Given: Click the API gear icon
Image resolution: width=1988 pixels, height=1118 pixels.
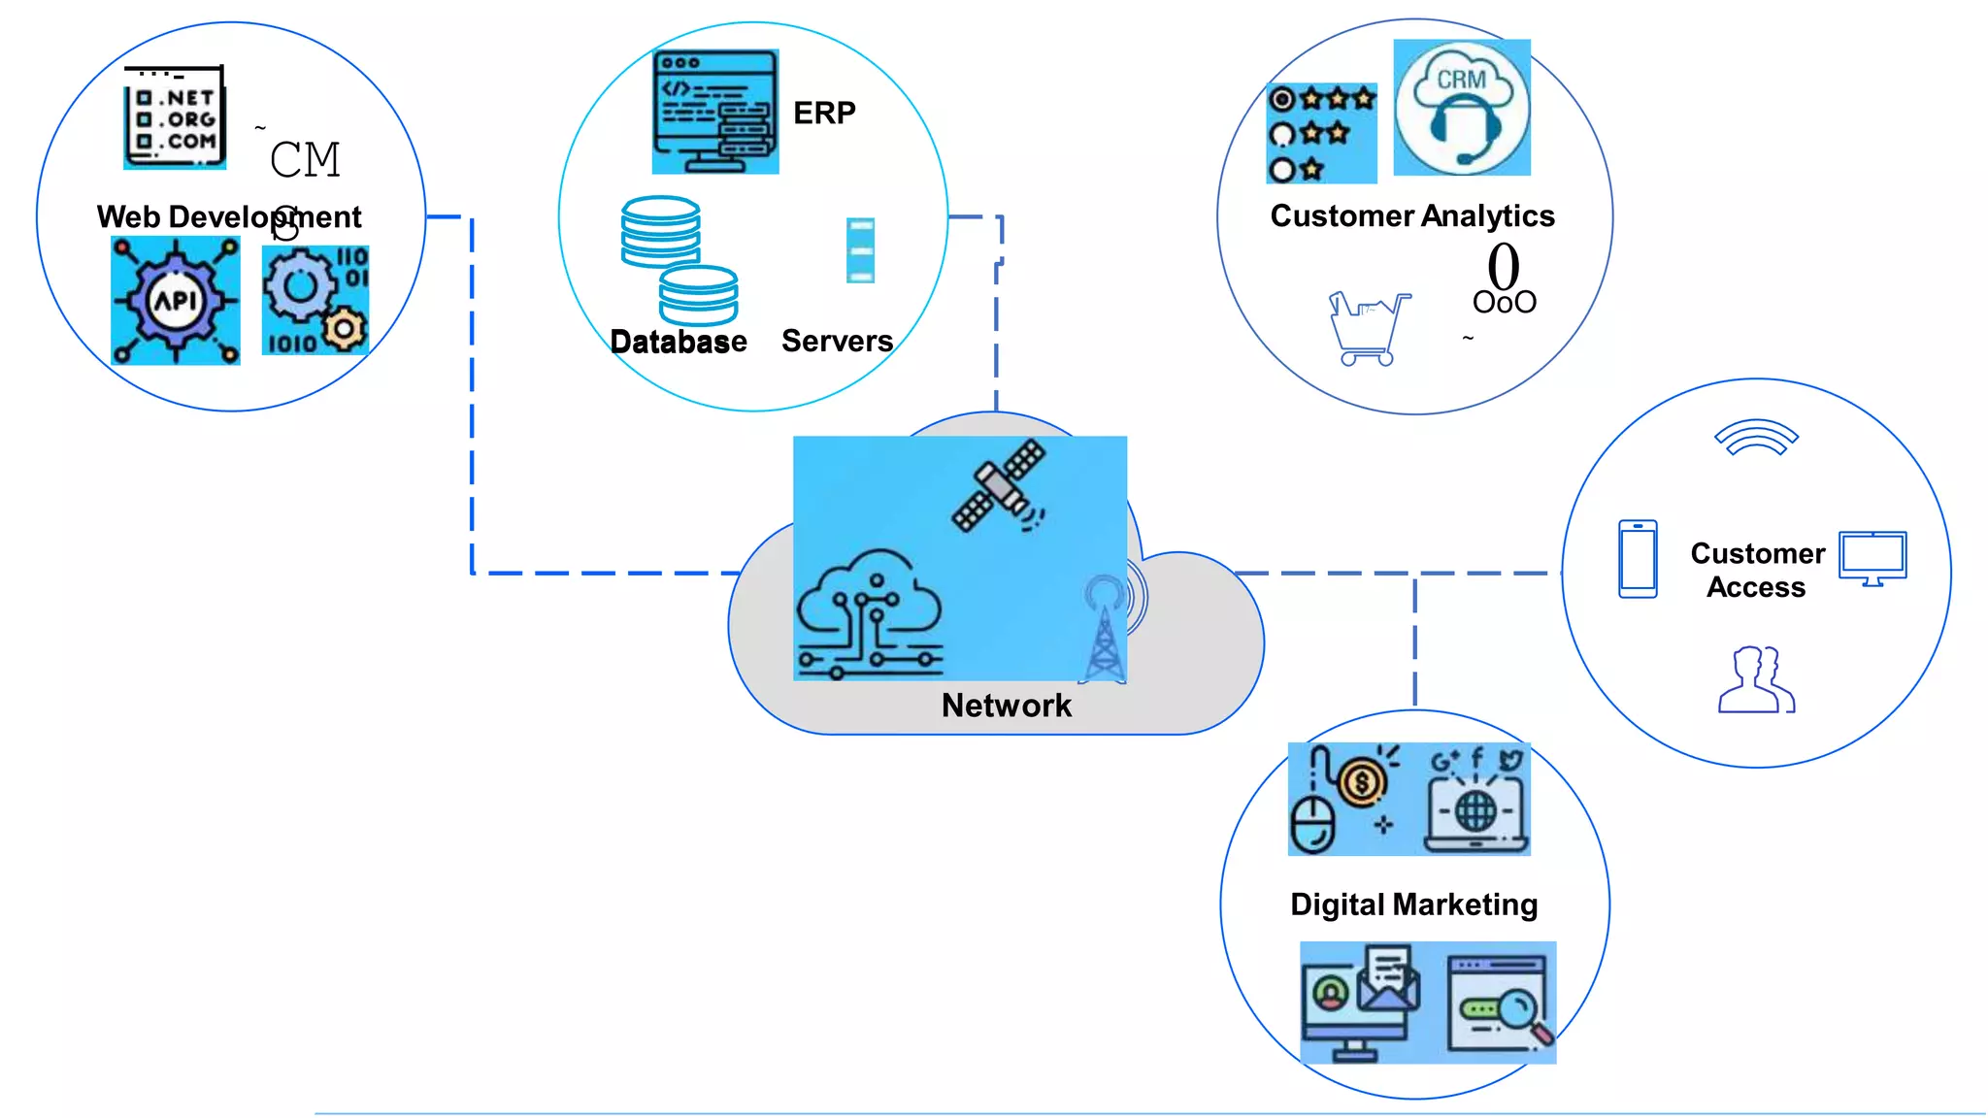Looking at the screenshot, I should [x=176, y=301].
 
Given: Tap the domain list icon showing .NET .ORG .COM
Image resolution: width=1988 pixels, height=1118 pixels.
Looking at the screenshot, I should [x=175, y=117].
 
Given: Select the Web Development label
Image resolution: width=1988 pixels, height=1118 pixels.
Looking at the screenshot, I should [x=229, y=216].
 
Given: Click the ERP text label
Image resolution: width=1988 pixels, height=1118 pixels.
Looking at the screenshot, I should [x=824, y=113].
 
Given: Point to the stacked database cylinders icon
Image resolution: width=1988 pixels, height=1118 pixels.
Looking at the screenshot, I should [x=679, y=260].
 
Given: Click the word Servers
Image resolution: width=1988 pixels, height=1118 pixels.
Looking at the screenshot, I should [x=837, y=341].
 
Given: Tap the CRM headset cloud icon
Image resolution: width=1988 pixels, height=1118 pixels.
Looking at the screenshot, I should [x=1461, y=108].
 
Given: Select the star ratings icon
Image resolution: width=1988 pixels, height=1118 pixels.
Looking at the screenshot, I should [x=1321, y=134].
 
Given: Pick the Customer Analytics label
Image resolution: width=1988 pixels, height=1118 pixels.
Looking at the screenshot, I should [x=1411, y=215].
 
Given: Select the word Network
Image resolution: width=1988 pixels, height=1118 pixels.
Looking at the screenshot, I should [x=1006, y=706].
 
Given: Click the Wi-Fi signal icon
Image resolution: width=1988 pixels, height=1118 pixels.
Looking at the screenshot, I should [x=1756, y=438].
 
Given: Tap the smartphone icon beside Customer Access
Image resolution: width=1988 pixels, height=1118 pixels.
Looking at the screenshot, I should [x=1638, y=559].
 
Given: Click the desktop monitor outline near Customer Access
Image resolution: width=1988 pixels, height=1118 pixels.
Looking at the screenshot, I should [x=1872, y=558].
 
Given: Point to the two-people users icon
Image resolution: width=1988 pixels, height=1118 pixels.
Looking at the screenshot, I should [x=1756, y=679].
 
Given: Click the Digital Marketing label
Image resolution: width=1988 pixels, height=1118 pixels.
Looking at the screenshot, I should [x=1413, y=904].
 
